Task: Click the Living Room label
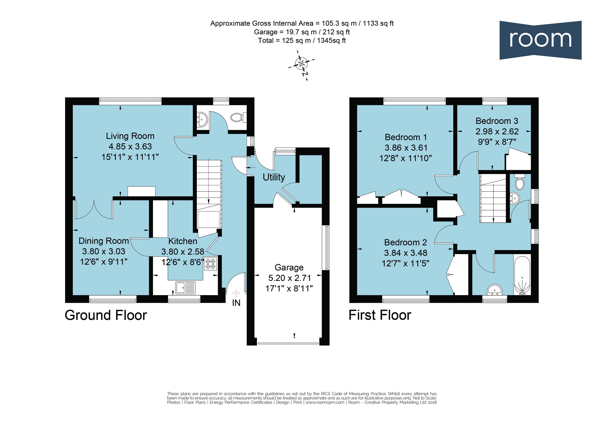click(x=130, y=136)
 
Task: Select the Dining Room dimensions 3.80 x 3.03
click(x=104, y=251)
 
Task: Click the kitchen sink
click(x=185, y=288)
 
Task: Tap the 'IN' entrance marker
click(x=236, y=303)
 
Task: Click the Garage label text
click(x=289, y=267)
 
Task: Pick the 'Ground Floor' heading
click(x=106, y=315)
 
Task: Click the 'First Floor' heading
click(x=380, y=315)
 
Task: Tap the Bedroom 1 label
click(x=406, y=137)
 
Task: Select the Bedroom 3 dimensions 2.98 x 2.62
click(x=497, y=131)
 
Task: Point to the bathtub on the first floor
click(x=522, y=275)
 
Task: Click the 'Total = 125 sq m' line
click(x=302, y=40)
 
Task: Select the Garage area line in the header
click(x=302, y=32)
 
